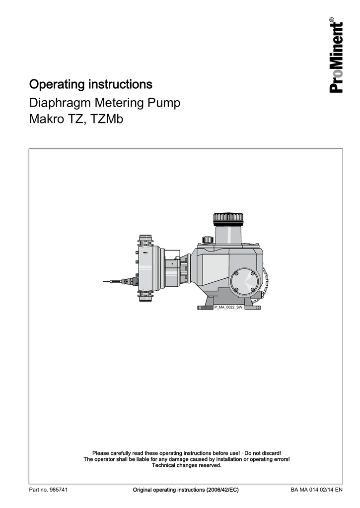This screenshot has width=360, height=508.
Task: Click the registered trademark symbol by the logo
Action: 332,20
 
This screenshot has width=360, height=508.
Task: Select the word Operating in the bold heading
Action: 57,84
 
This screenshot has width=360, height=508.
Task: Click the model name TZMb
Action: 107,119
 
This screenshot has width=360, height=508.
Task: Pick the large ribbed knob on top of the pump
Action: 228,219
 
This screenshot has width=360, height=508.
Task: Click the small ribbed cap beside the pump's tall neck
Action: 207,240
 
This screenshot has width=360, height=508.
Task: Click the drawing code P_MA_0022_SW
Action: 228,307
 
